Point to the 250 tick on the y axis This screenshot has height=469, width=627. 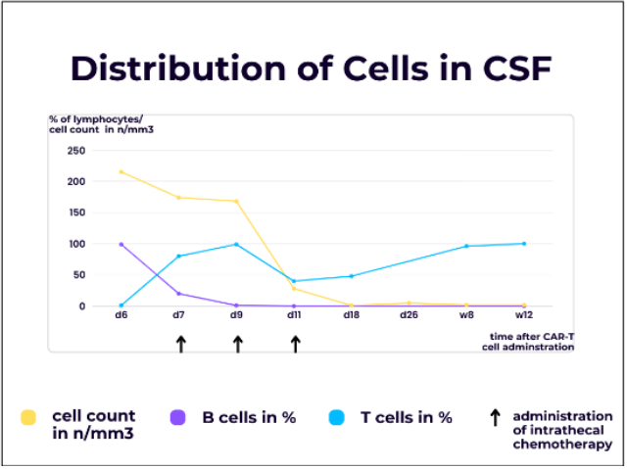tap(75, 151)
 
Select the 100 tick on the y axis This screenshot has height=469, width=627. tap(75, 244)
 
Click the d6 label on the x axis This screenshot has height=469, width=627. tap(121, 316)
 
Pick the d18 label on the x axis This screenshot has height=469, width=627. tap(353, 316)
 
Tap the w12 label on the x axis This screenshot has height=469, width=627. tap(524, 316)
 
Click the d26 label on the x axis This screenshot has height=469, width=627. tap(410, 316)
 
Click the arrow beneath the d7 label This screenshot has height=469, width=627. tap(180, 344)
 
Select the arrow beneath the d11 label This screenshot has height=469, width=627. tap(295, 344)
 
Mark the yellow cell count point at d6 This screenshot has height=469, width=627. tap(121, 172)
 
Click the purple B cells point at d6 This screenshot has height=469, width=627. tap(121, 244)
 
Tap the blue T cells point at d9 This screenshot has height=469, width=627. tap(236, 244)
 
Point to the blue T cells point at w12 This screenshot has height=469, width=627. tap(524, 244)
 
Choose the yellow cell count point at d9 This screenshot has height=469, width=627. tap(236, 202)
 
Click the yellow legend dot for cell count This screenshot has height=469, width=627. tap(29, 418)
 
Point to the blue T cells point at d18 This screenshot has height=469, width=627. tap(352, 276)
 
